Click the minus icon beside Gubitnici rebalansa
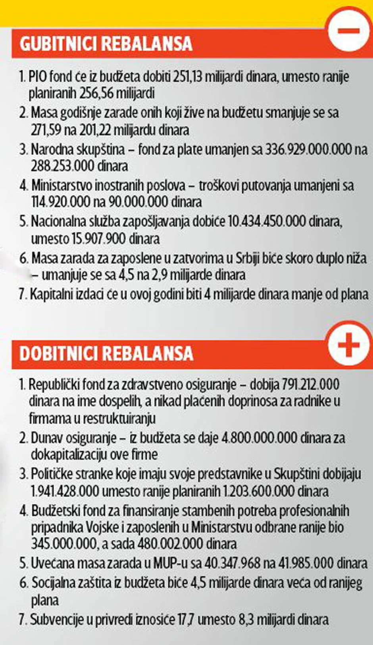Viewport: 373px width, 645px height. click(349, 31)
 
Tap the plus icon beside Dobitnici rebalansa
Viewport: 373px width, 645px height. click(349, 344)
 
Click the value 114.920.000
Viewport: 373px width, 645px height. click(61, 202)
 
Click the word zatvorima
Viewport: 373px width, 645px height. click(198, 258)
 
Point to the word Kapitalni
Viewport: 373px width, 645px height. click(50, 295)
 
